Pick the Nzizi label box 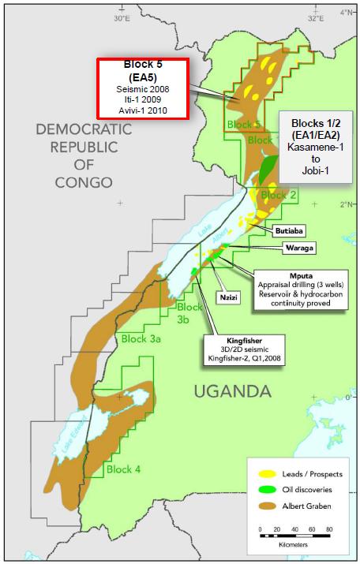point(229,298)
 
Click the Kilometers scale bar point(294,537)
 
